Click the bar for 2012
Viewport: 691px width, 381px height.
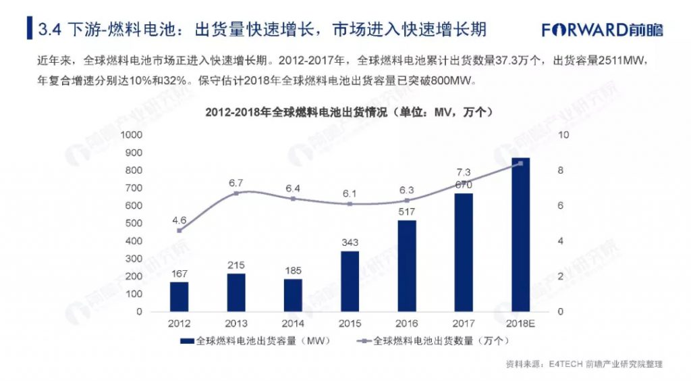pos(179,297)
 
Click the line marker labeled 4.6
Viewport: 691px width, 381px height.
pos(179,230)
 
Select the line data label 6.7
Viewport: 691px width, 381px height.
pos(236,183)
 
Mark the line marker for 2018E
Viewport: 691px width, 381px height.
pos(520,163)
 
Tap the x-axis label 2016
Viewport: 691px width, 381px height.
pos(406,324)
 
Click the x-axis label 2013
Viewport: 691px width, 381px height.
pos(236,324)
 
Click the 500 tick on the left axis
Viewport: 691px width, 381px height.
pos(135,224)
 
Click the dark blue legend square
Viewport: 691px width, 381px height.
pos(191,342)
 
